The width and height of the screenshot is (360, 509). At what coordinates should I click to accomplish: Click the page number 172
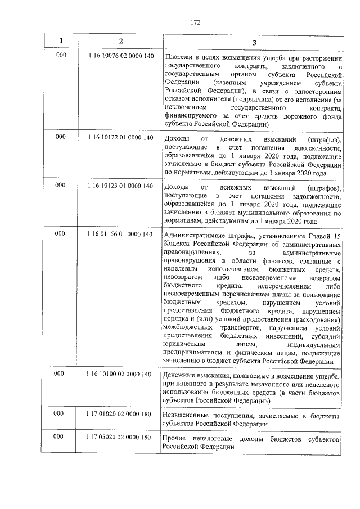tap(195, 22)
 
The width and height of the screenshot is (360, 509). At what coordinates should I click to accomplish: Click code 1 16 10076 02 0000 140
tap(120, 57)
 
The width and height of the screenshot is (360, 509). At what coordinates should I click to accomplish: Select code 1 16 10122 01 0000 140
tap(120, 138)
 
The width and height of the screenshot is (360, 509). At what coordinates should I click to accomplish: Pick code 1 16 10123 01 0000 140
tap(120, 186)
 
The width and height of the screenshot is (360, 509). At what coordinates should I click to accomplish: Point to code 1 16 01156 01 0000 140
tap(120, 234)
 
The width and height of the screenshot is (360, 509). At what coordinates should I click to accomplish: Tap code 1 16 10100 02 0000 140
tap(120, 375)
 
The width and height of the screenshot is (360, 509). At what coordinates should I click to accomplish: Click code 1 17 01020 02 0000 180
tap(120, 415)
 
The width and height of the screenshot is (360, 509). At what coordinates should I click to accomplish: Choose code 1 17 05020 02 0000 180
tap(120, 438)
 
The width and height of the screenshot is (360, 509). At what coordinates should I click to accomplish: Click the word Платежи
tap(178, 58)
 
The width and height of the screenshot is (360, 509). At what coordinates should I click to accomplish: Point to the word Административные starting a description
tap(194, 236)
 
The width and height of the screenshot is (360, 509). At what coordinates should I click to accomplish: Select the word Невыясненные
tap(187, 416)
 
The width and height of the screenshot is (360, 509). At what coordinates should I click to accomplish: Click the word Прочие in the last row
tap(173, 439)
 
